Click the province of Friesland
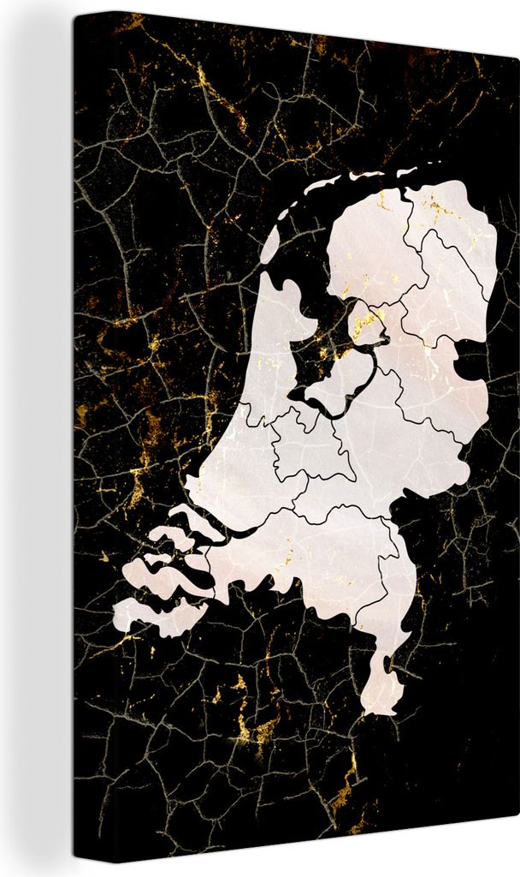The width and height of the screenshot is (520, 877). [363, 240]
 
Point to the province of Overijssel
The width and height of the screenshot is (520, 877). [428, 360]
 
